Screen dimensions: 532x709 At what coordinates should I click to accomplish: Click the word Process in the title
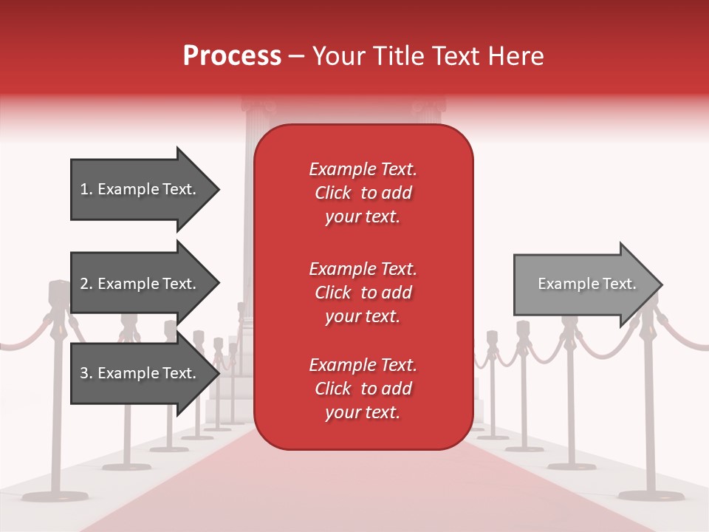point(232,56)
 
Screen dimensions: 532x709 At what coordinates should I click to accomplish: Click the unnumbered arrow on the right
point(583,284)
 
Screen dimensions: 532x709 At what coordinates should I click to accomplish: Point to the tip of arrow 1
point(218,189)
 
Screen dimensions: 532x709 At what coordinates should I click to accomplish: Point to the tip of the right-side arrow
point(661,284)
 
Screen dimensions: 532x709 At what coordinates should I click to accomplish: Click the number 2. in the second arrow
point(86,284)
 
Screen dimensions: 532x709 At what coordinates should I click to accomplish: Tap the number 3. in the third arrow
point(86,373)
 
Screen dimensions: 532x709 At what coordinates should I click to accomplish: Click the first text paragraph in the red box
point(363,193)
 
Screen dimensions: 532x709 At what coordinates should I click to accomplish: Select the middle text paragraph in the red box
point(363,293)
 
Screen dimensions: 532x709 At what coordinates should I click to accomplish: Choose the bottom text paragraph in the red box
point(363,389)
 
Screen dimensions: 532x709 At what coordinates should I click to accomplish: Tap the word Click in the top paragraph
point(332,193)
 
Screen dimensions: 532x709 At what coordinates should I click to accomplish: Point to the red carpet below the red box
point(362,488)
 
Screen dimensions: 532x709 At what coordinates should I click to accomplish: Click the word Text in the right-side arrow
point(619,284)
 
